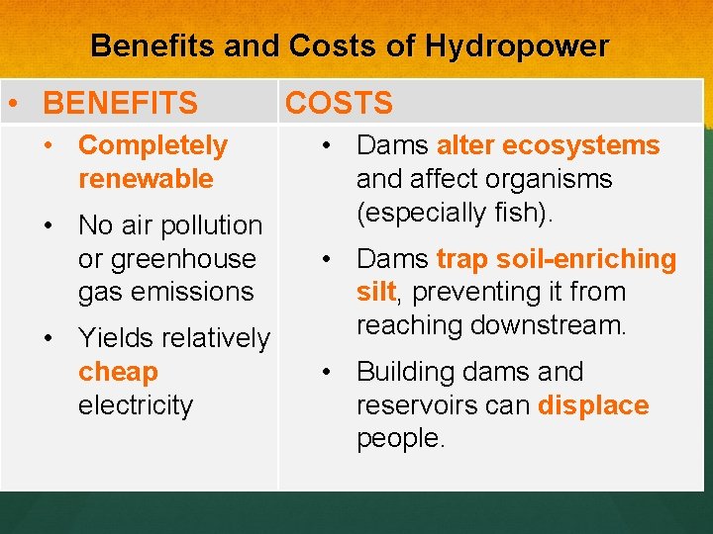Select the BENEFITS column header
pos(121,103)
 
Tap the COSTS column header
pos(339,103)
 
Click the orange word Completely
pos(153,145)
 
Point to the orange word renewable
pos(146,179)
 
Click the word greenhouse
pos(166,259)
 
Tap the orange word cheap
pos(118,372)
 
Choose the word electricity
pos(136,405)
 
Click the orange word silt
pos(375,293)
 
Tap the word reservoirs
pos(420,405)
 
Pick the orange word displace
pos(593,405)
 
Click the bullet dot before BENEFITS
pos(13,103)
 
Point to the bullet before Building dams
pos(323,372)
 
